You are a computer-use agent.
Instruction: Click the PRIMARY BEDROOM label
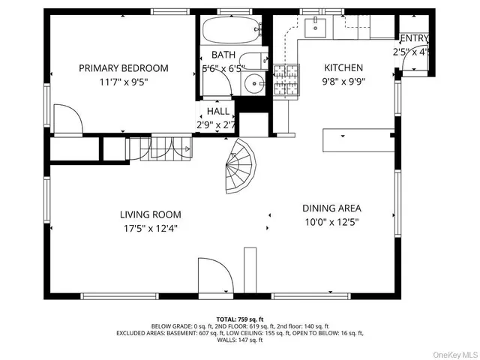click(124, 68)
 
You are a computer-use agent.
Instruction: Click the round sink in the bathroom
click(256, 84)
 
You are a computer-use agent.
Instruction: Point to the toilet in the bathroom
click(256, 61)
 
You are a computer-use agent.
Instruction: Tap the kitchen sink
click(315, 28)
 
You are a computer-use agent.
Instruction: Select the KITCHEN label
click(343, 68)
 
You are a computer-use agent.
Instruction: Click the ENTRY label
click(414, 39)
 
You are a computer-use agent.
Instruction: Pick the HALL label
click(218, 111)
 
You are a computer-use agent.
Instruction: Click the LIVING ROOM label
click(155, 214)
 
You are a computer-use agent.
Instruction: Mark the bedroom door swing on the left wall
click(64, 119)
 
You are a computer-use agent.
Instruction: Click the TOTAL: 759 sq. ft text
click(241, 319)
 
